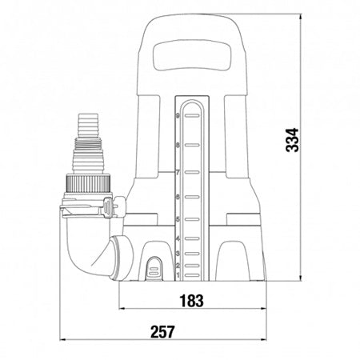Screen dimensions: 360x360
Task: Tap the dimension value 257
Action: pyautogui.click(x=162, y=330)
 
